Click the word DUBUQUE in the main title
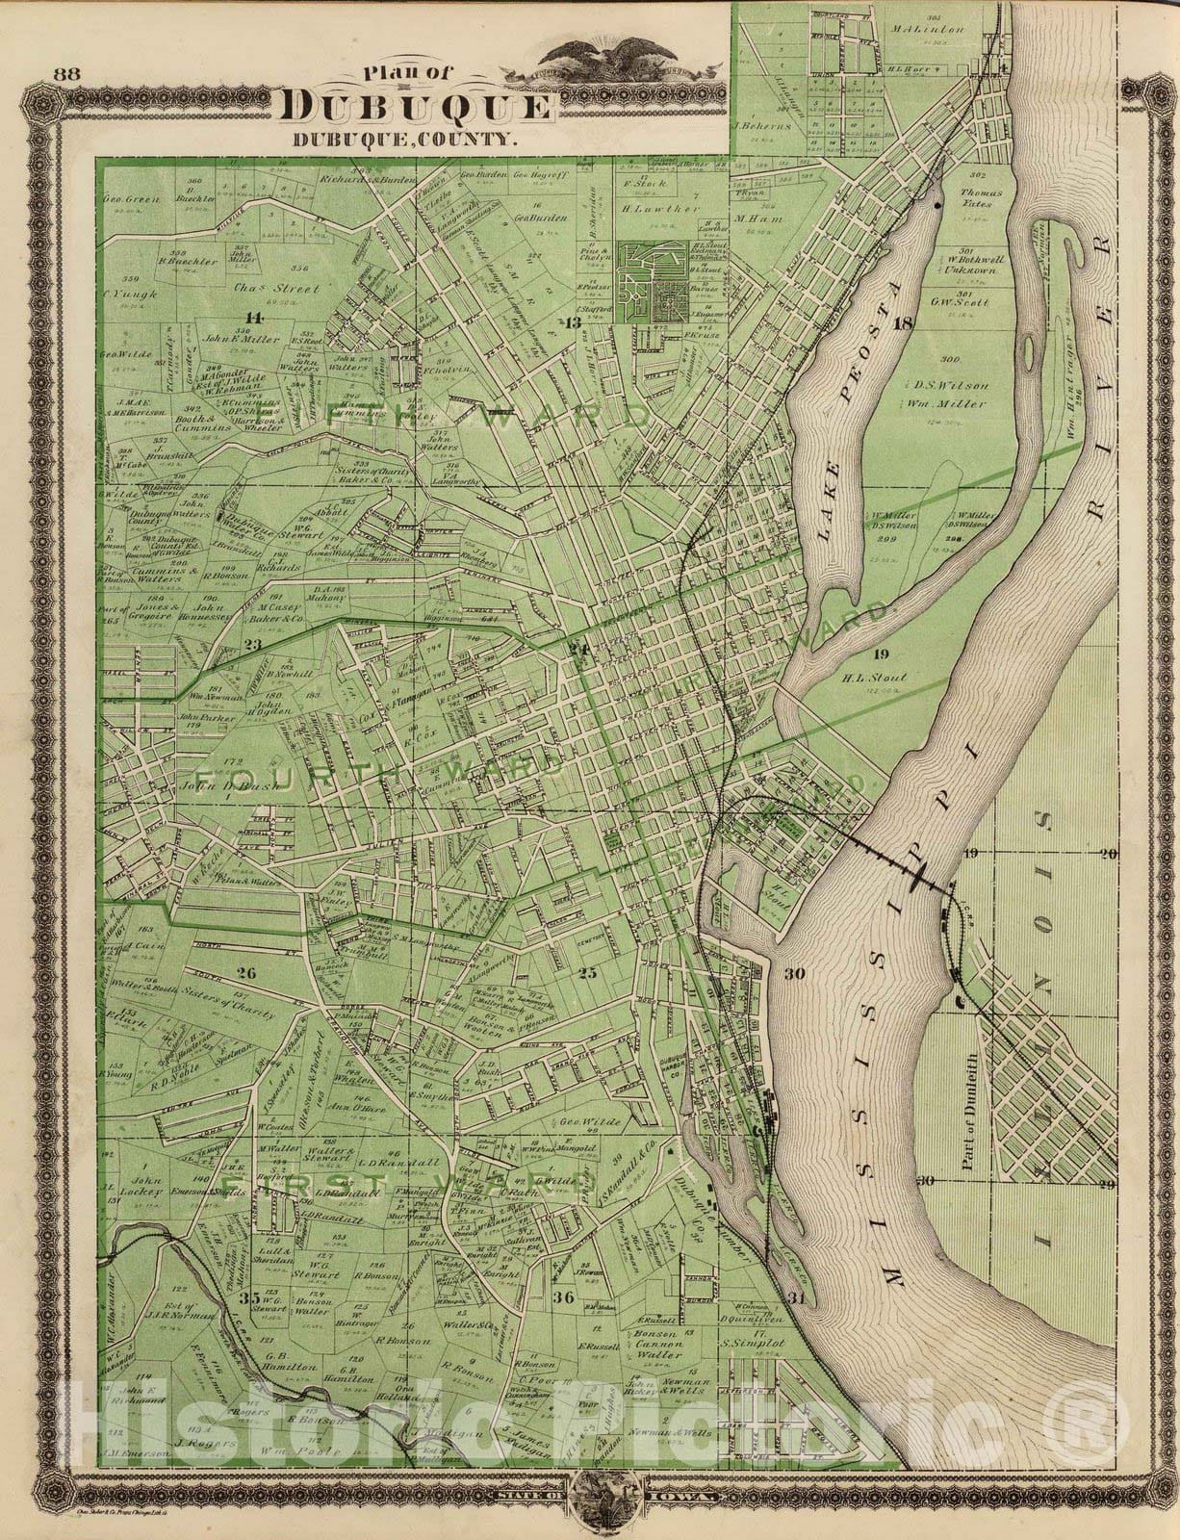tap(417, 108)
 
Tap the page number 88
tap(66, 74)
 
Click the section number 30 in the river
tap(794, 974)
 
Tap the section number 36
tap(565, 1298)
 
